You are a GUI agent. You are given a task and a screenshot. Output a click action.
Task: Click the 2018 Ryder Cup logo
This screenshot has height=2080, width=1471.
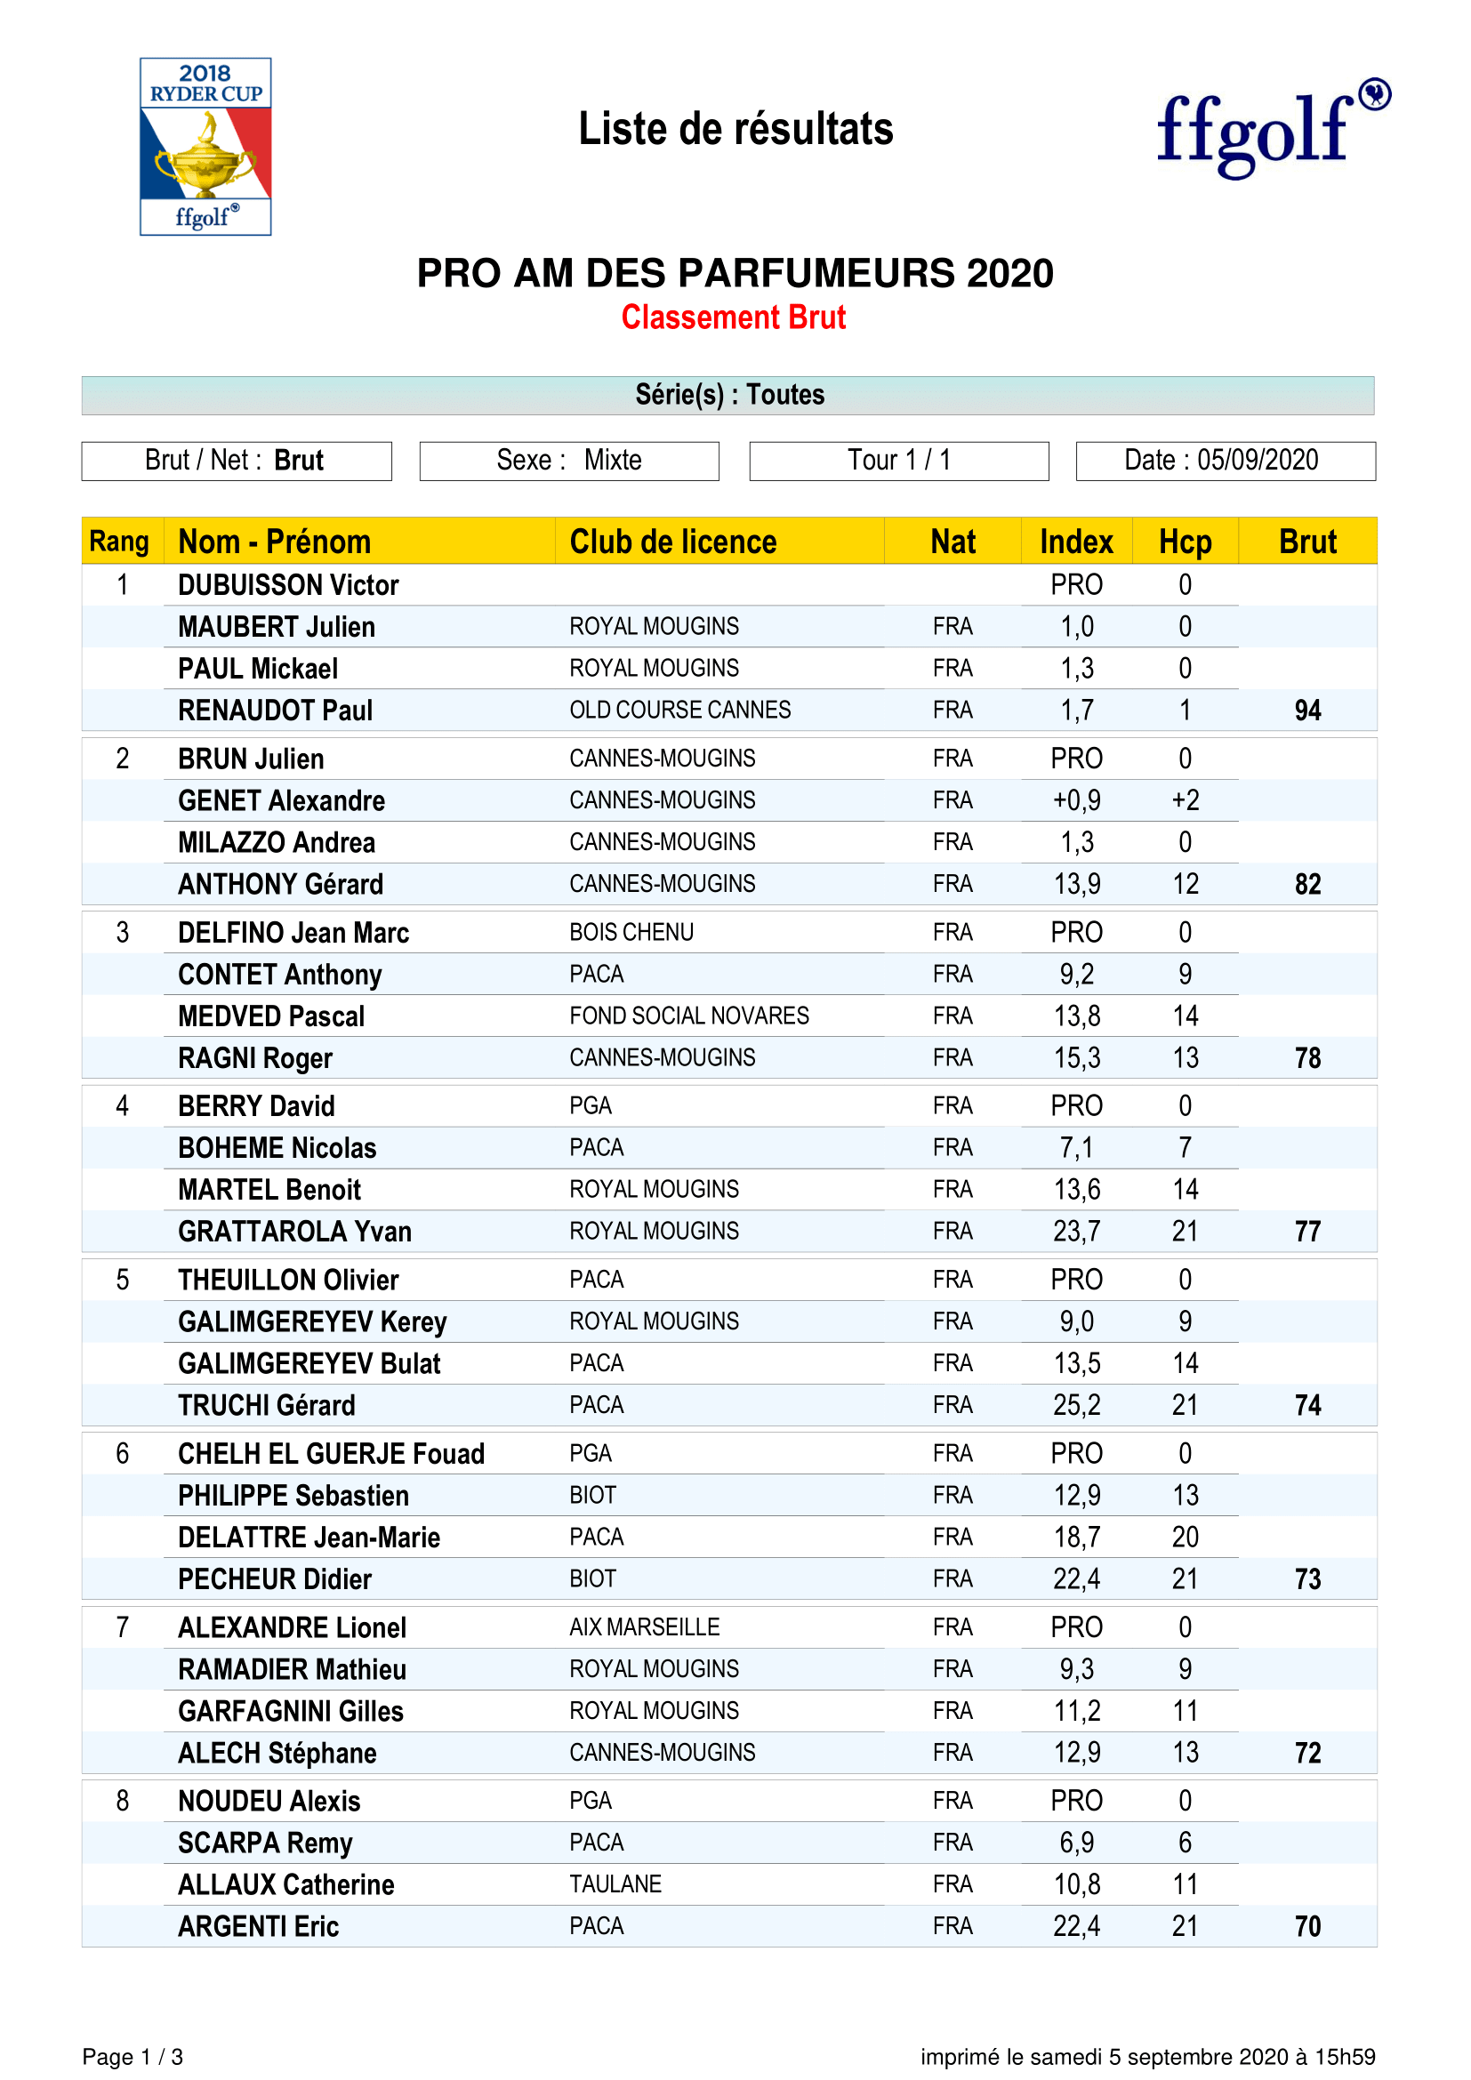coord(205,147)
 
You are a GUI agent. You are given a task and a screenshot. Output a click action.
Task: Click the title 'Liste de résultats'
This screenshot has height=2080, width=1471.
coord(735,130)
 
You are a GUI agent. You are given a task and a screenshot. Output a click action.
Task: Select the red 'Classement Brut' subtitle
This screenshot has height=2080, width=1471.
coord(733,318)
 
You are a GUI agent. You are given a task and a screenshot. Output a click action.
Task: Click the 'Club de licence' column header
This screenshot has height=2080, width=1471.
coord(673,542)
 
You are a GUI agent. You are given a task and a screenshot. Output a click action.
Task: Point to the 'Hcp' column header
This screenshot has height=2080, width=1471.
coord(1185,542)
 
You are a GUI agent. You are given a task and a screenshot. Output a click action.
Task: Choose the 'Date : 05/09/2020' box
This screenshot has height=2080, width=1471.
coord(1225,461)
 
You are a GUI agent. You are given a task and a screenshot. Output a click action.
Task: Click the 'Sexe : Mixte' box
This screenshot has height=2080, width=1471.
coord(569,461)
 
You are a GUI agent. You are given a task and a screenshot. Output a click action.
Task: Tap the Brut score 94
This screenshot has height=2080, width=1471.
coord(1307,711)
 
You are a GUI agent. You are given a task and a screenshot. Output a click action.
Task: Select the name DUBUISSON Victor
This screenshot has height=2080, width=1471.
coord(288,585)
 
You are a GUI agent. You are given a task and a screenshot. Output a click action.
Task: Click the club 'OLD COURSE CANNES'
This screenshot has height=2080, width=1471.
coord(679,711)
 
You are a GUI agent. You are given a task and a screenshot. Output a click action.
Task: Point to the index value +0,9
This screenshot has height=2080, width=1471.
coord(1076,801)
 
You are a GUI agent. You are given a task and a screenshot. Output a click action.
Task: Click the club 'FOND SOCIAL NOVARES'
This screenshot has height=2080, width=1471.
coord(688,1016)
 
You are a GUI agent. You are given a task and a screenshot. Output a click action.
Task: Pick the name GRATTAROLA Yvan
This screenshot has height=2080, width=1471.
coord(294,1232)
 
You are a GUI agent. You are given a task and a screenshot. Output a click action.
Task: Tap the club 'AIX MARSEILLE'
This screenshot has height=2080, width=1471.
coord(644,1628)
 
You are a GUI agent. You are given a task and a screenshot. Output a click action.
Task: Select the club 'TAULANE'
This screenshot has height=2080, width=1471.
coord(615,1885)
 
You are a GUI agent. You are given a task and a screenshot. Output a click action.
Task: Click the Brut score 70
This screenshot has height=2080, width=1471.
coord(1307,1927)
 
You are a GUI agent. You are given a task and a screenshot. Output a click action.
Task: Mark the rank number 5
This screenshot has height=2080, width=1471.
coord(122,1280)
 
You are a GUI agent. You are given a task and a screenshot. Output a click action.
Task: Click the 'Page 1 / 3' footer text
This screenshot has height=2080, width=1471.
coord(133,2058)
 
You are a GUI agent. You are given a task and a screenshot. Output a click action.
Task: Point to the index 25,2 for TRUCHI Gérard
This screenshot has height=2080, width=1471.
coord(1076,1406)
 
